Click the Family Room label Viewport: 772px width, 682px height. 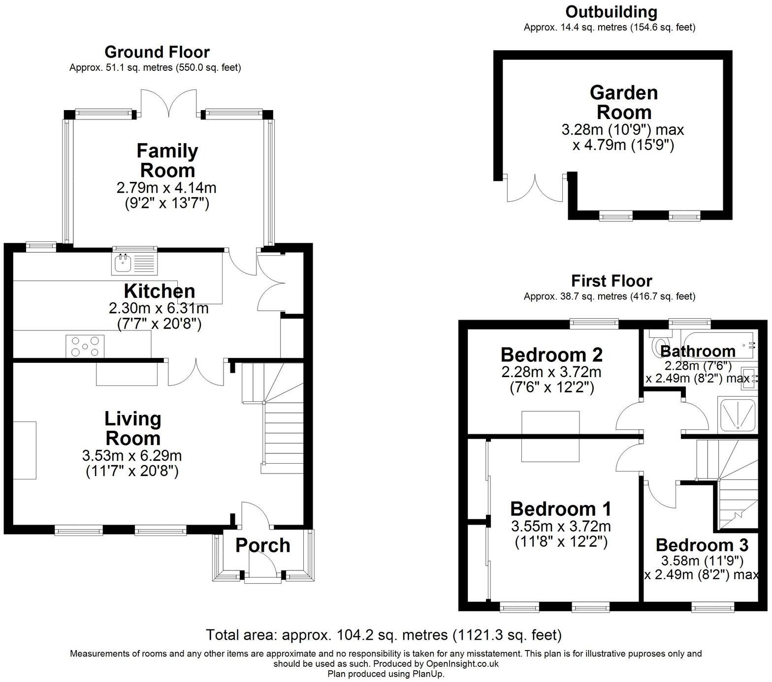click(x=167, y=161)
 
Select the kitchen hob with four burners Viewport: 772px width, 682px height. click(x=85, y=346)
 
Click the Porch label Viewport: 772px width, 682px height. click(x=262, y=545)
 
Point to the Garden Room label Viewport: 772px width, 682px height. click(x=623, y=102)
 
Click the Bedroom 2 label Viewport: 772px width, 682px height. click(x=551, y=355)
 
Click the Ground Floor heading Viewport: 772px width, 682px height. click(x=157, y=52)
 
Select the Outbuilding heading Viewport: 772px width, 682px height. click(x=611, y=12)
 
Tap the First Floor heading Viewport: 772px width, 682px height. click(x=611, y=281)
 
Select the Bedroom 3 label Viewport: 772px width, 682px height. click(x=702, y=545)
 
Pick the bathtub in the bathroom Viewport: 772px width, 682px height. click(x=718, y=344)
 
